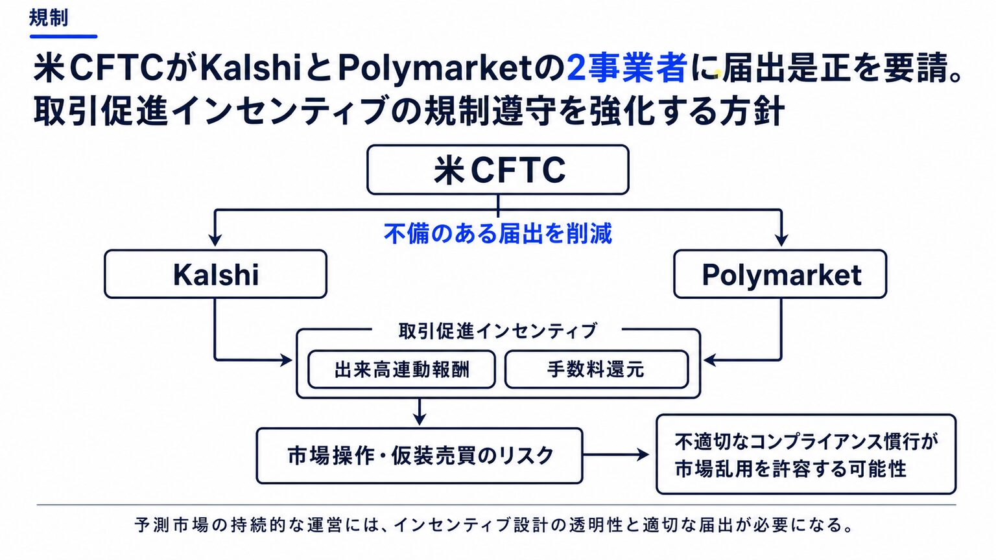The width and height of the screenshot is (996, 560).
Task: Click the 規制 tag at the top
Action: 49,18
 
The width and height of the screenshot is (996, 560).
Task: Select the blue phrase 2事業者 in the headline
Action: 626,69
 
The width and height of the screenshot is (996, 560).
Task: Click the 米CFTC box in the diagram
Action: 498,169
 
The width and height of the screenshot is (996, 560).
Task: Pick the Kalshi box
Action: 216,274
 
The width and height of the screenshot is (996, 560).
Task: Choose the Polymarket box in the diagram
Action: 780,274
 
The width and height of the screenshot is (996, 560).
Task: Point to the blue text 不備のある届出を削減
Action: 498,233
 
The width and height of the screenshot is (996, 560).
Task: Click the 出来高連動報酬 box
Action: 401,369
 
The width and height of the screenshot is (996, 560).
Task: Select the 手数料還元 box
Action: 597,369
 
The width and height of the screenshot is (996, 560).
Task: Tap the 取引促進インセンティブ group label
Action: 497,331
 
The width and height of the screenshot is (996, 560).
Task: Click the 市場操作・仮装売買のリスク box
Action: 420,456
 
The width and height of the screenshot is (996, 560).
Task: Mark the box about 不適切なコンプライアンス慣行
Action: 806,454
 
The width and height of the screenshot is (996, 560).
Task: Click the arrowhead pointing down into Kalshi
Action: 215,240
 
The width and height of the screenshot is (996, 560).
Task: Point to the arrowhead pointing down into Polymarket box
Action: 781,240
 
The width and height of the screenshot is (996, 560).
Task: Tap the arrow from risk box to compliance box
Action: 616,454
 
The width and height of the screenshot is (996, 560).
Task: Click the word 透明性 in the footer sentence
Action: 596,525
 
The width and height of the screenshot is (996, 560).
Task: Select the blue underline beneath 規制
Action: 64,36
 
